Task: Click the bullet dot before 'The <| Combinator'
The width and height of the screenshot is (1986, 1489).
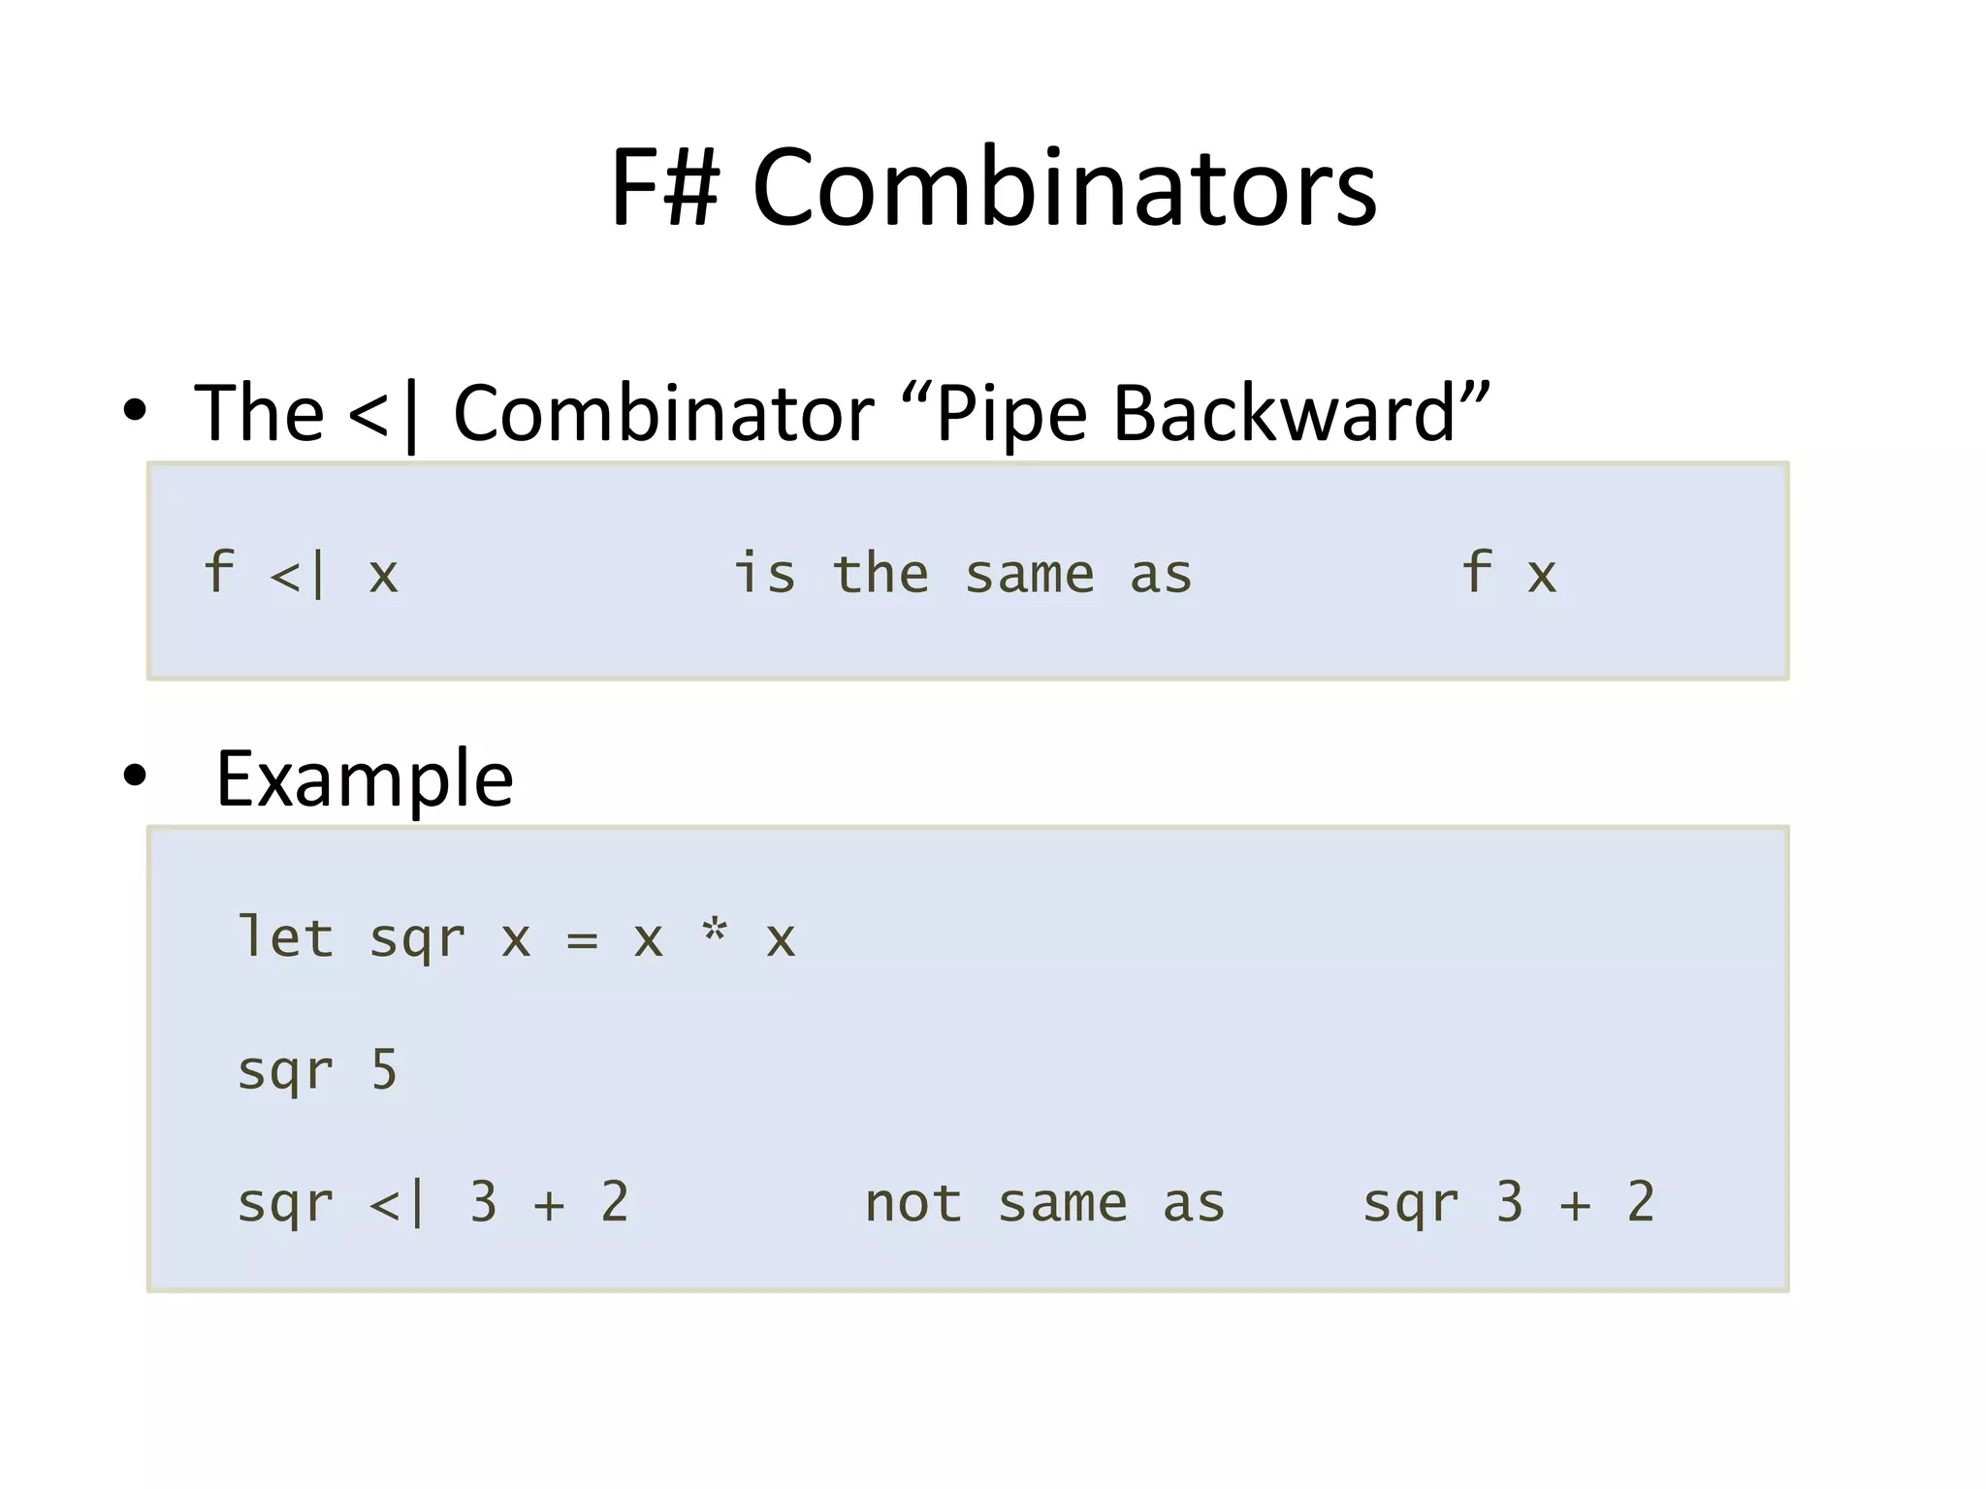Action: [x=135, y=410]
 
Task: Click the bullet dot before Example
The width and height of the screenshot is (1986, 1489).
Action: [x=135, y=775]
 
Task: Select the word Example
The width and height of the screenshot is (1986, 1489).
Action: [x=365, y=779]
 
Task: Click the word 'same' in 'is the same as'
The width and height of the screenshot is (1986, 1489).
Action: [x=1030, y=575]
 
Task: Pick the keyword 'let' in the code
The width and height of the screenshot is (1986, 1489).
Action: [x=286, y=937]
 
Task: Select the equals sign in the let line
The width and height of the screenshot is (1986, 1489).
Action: [x=582, y=939]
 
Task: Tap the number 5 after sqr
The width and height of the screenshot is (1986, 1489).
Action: [x=385, y=1070]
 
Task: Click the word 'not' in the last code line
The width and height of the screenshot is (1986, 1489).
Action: [x=913, y=1203]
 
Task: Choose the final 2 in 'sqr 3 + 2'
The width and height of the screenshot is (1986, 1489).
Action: [x=1641, y=1202]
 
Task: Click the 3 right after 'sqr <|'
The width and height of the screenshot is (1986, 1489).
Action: [x=483, y=1202]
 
